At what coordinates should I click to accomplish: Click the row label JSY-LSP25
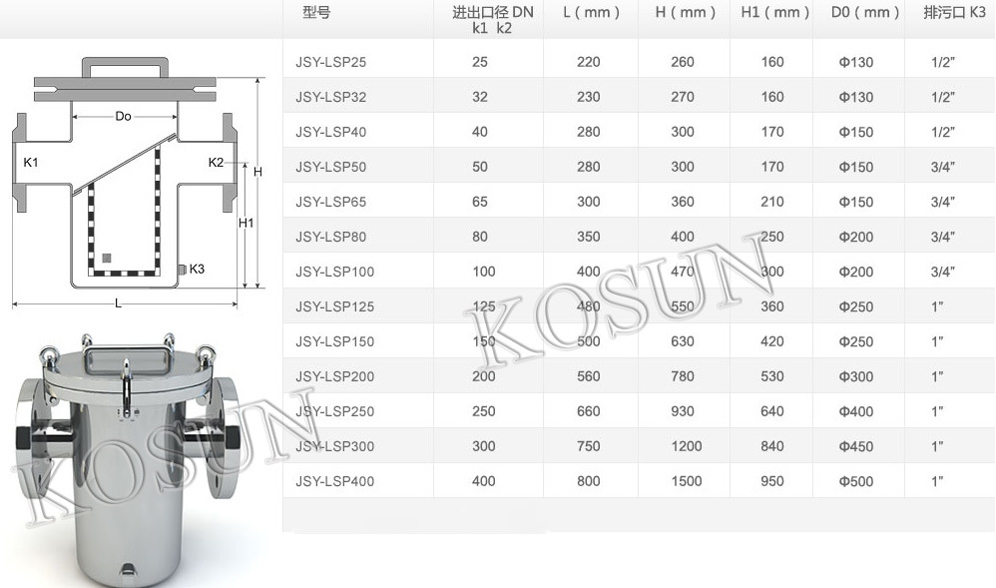click(x=331, y=62)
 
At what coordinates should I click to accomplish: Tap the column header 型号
click(x=316, y=13)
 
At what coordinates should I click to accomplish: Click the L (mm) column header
click(x=591, y=13)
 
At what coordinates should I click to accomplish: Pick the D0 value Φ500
click(x=856, y=481)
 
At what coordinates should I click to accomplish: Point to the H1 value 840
click(x=772, y=446)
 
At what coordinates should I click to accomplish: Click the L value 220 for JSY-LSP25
click(x=589, y=62)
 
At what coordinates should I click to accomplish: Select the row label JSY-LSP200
click(x=335, y=376)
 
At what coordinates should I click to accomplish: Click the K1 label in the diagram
click(x=31, y=162)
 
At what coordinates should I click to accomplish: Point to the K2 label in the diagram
click(x=216, y=162)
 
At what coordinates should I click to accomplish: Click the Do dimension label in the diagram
click(x=123, y=117)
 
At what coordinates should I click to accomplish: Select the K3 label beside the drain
click(x=197, y=269)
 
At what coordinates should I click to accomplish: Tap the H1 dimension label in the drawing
click(x=246, y=224)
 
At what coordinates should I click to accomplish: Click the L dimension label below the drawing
click(x=118, y=304)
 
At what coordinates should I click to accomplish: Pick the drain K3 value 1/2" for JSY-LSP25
click(x=943, y=62)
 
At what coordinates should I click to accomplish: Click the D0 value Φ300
click(x=856, y=376)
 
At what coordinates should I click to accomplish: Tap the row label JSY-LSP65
click(x=331, y=202)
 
